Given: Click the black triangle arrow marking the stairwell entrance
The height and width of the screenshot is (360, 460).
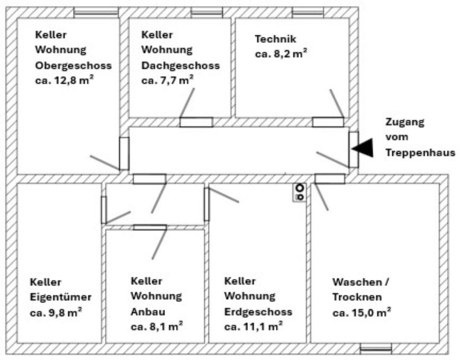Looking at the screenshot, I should pos(363,147).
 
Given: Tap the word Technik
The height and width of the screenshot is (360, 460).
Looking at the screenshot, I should pos(276,39).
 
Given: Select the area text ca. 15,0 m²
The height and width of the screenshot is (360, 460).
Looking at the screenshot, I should pos(361,312).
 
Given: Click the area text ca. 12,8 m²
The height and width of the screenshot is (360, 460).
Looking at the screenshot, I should pos(64,80).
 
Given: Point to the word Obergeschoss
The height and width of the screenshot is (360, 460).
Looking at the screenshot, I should pos(73,66).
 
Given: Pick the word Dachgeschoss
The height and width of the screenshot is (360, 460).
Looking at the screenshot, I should pos(181,66).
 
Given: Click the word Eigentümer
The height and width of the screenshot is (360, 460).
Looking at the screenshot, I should pos(60,297).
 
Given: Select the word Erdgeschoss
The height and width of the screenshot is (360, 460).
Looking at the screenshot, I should pos(258,312).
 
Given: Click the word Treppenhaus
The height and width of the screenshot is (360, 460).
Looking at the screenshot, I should pos(420,153).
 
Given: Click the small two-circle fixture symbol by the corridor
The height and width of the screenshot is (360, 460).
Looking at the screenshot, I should pos(300,192).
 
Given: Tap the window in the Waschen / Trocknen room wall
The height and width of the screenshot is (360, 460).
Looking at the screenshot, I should pos(376,348).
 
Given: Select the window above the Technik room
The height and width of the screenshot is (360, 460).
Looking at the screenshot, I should pos(308,12).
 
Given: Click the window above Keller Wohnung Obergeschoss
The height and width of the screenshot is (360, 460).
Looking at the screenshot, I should pos(96,12).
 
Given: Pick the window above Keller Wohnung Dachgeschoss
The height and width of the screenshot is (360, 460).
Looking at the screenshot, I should pos(207,12).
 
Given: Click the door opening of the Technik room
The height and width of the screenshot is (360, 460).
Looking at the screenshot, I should pos(328,122).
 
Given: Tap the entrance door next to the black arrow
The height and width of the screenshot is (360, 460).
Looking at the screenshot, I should pos(354,149).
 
